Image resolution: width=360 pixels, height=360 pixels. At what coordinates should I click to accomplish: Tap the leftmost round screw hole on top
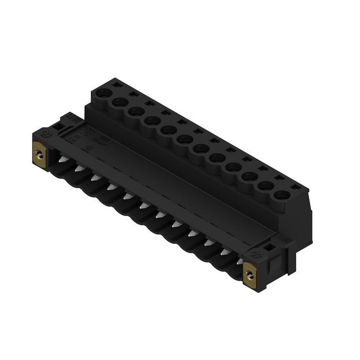coord(104,95)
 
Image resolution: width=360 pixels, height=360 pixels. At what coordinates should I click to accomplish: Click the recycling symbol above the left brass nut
coord(44,134)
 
